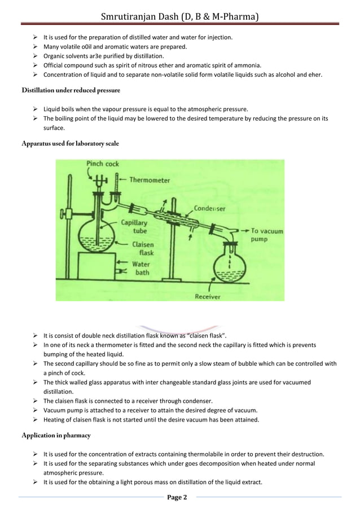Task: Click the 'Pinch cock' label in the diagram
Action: coord(102,164)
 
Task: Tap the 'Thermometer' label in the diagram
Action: coord(150,181)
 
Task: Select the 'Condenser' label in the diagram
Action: coord(209,208)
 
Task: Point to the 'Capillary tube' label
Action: coord(134,226)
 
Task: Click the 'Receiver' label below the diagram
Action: coord(207,296)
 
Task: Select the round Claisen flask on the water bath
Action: coord(94,238)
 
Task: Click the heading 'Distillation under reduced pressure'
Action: coord(71,90)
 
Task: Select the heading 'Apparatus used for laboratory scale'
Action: coord(70,144)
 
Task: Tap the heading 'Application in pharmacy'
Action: coord(56,436)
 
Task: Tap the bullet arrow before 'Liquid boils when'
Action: coord(36,109)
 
